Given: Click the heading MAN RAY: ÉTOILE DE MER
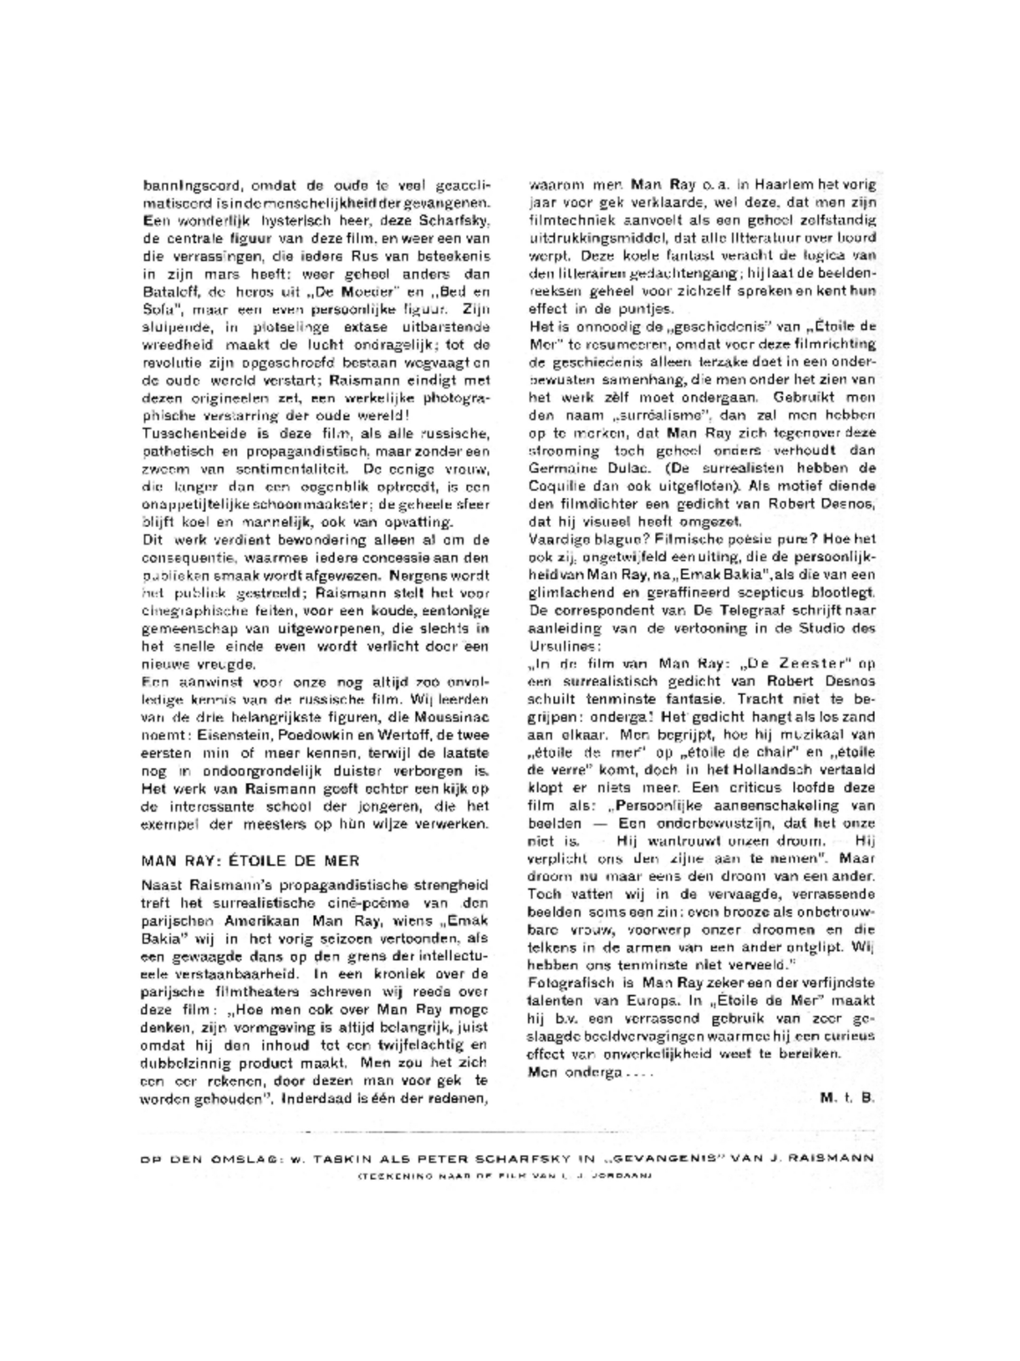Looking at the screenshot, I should pyautogui.click(x=250, y=861).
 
